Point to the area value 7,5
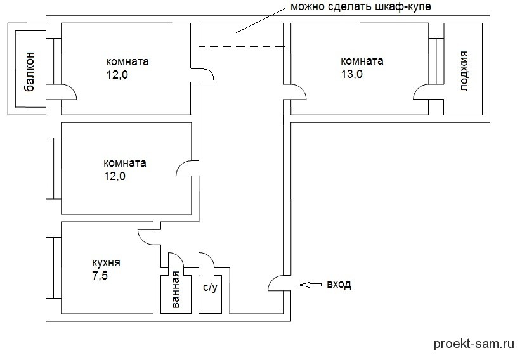pos(100,275)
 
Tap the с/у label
pos(210,288)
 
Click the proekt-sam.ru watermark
pos(473,344)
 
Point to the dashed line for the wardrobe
pos(241,46)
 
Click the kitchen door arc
pos(146,236)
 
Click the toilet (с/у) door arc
pos(208,262)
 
